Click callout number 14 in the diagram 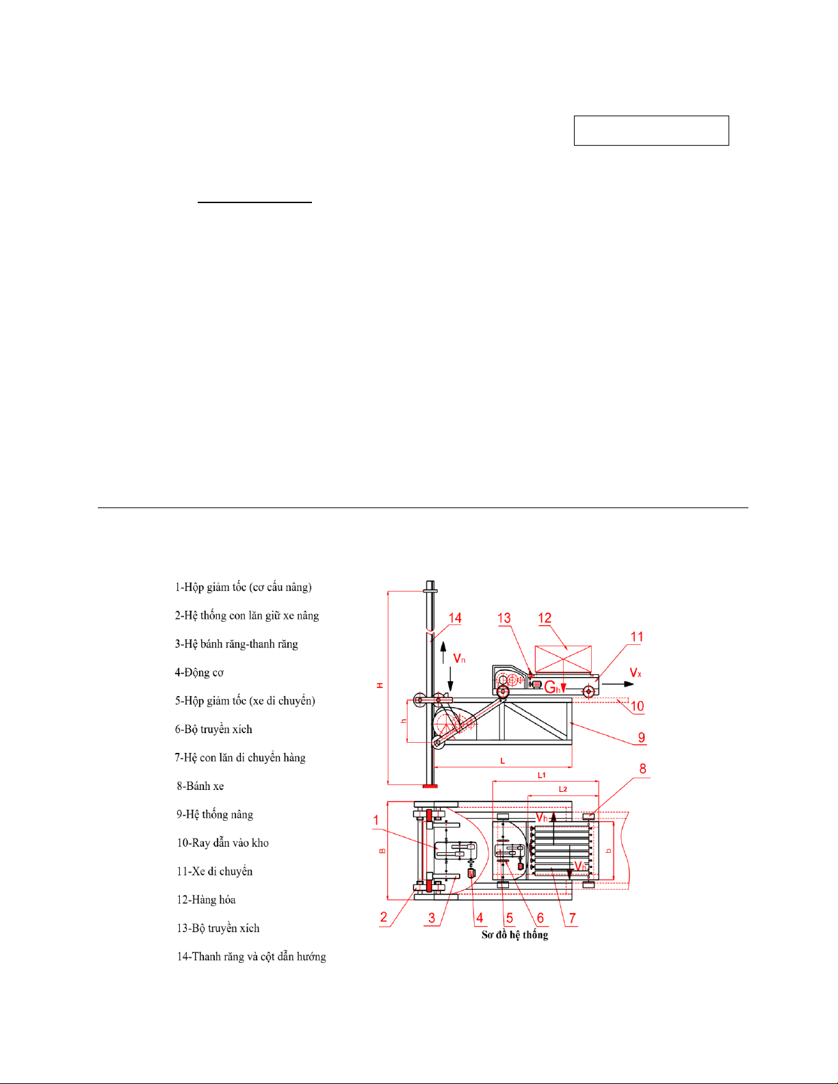click(455, 618)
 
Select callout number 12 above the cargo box click(545, 618)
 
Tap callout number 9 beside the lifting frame click(642, 737)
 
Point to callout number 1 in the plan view click(376, 820)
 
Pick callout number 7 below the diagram click(572, 918)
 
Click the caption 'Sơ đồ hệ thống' click(514, 935)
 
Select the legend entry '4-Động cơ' click(199, 672)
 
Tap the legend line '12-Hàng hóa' click(206, 900)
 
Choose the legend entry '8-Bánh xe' click(200, 786)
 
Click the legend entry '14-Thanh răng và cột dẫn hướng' click(252, 957)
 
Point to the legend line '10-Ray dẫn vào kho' click(222, 843)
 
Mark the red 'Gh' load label click(553, 687)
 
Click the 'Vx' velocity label click(636, 673)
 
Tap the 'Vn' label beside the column click(459, 659)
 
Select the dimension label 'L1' click(542, 776)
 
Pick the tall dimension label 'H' click(380, 685)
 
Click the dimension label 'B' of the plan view click(382, 851)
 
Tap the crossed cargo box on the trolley click(563, 659)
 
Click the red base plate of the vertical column click(430, 786)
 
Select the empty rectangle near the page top click(651, 131)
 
